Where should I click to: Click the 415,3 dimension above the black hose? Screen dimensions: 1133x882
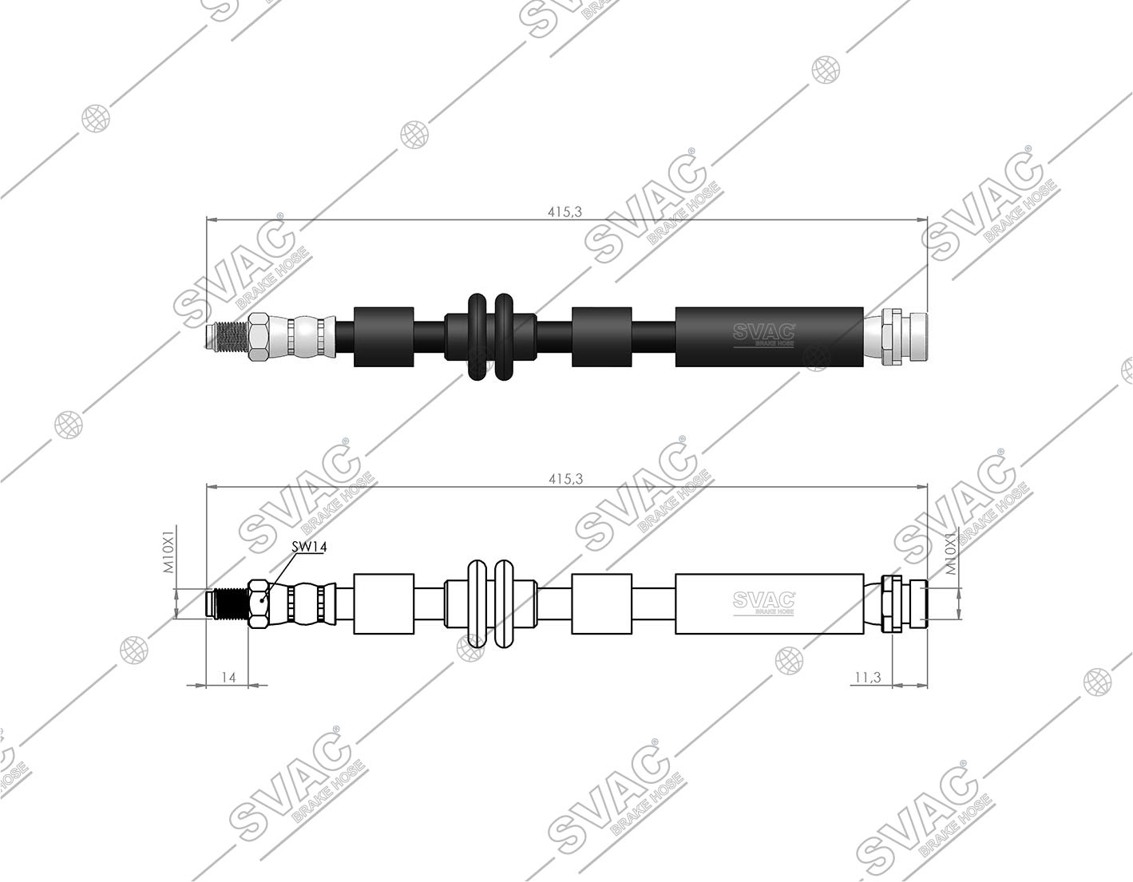pyautogui.click(x=565, y=212)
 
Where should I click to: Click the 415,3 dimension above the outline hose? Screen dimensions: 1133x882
pyautogui.click(x=566, y=479)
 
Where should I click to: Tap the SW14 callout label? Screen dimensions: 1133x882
pyautogui.click(x=309, y=547)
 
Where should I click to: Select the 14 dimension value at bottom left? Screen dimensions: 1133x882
pyautogui.click(x=229, y=677)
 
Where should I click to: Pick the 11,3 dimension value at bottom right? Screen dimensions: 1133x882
pyautogui.click(x=868, y=677)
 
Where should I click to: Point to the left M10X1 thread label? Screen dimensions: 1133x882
pyautogui.click(x=168, y=553)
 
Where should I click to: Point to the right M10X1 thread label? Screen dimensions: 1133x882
pyautogui.click(x=952, y=553)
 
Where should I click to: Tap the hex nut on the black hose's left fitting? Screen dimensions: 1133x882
pyautogui.click(x=259, y=337)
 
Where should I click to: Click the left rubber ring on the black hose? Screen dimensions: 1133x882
pyautogui.click(x=478, y=337)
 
